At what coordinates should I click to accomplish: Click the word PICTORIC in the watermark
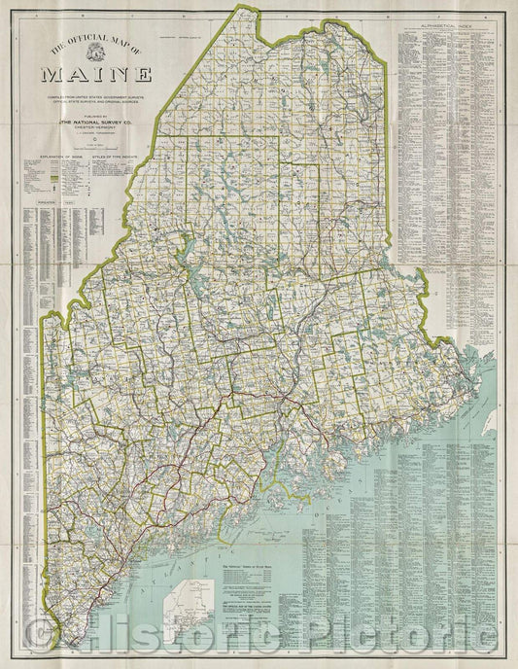pos(398,637)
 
